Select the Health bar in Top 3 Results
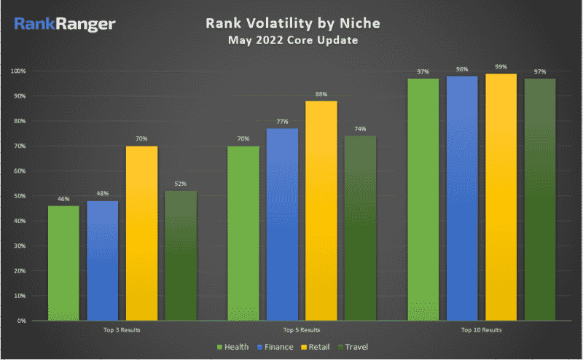pyautogui.click(x=63, y=262)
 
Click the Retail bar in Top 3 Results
pyautogui.click(x=141, y=233)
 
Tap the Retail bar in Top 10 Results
pyautogui.click(x=501, y=197)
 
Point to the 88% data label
pyautogui.click(x=321, y=94)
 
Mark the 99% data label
pyautogui.click(x=501, y=66)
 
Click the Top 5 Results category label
pyautogui.click(x=302, y=330)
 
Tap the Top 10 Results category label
pyautogui.click(x=482, y=330)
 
